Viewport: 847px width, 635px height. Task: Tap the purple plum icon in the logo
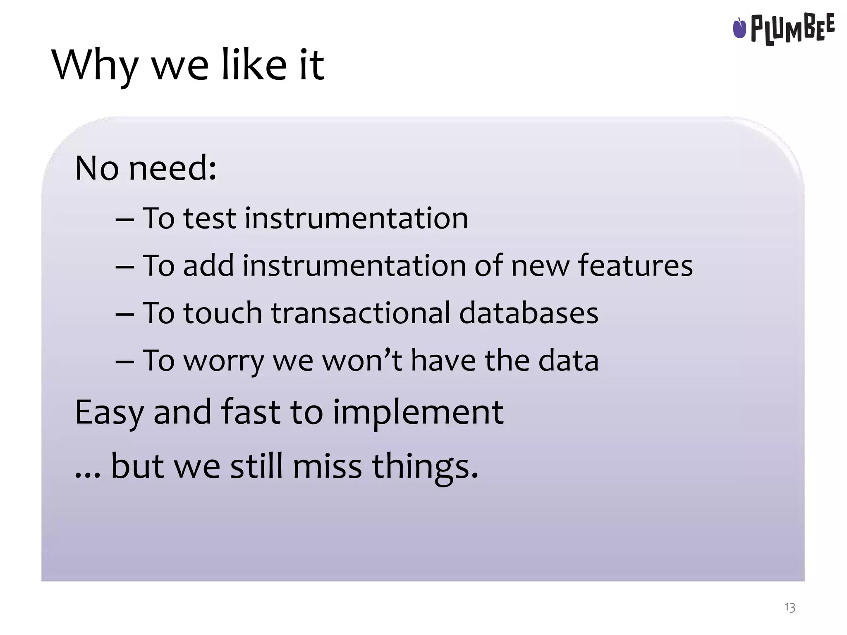[739, 28]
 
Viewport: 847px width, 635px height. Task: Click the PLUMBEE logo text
[792, 28]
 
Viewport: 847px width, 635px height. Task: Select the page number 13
[790, 607]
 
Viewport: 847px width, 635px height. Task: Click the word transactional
[360, 313]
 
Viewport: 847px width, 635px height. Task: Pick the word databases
[529, 313]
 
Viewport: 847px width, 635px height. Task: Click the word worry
[223, 361]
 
